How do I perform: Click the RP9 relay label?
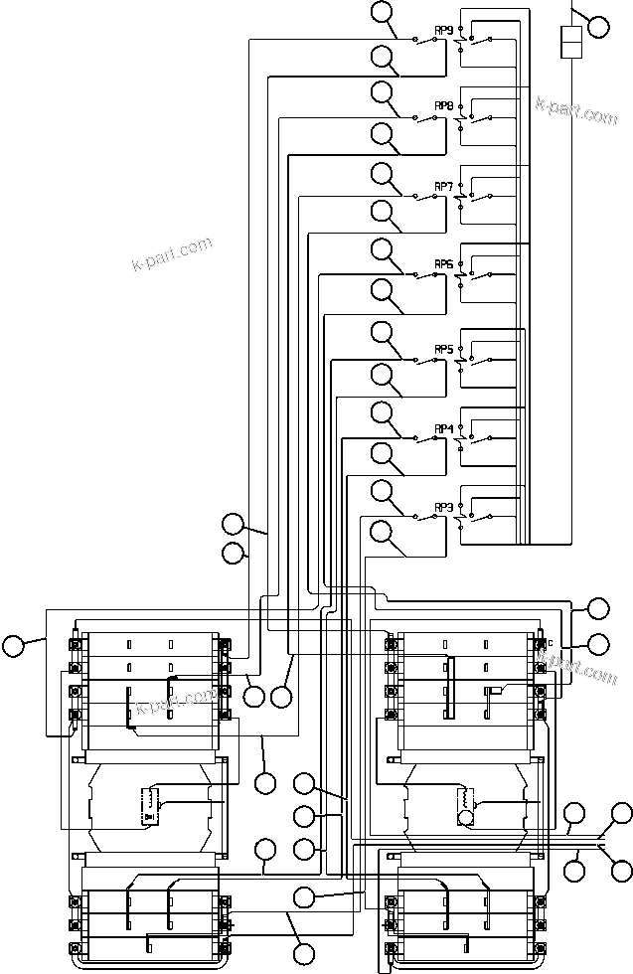pos(444,29)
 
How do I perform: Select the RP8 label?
pos(444,105)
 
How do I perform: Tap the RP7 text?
pos(444,186)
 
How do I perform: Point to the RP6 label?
pos(444,264)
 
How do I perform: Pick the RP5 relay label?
pos(444,349)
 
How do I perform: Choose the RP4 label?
pos(444,428)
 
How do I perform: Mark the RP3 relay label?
pos(444,508)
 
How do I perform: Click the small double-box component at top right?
pos(570,43)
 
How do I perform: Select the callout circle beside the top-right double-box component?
pos(598,26)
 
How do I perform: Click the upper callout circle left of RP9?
pos(383,13)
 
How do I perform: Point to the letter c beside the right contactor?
pos(549,642)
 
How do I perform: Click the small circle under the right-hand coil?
pos(464,818)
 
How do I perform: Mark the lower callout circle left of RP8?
pos(383,133)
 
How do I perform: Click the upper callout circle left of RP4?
pos(383,411)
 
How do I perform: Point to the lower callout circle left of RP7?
pos(383,211)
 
